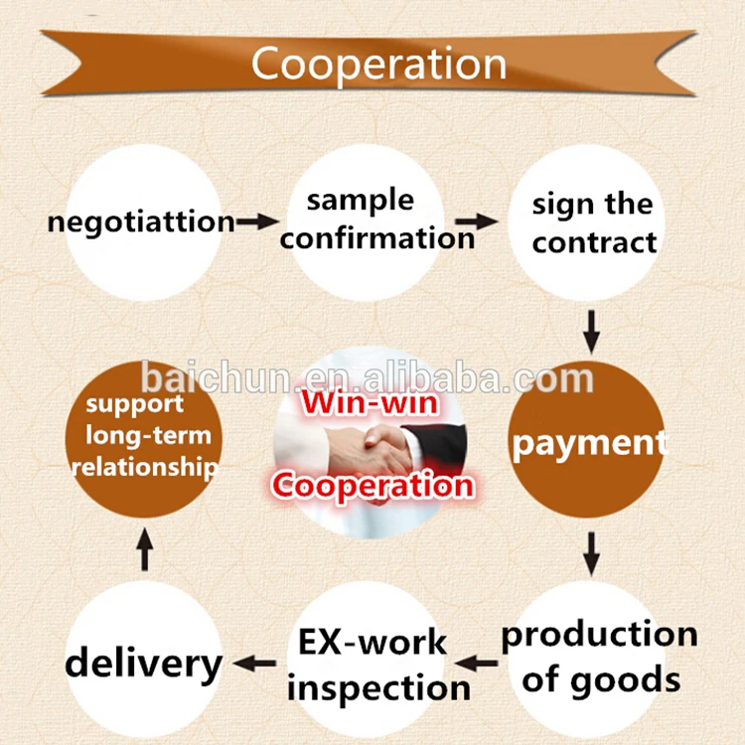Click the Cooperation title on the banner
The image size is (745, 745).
(x=378, y=64)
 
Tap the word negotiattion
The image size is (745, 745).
(x=141, y=221)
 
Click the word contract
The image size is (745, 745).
(x=595, y=241)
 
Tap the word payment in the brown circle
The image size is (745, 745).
(x=588, y=443)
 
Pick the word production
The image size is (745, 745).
(x=599, y=635)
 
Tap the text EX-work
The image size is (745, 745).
(x=372, y=642)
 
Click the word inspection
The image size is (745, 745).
(x=378, y=687)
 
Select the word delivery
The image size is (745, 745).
(x=144, y=663)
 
